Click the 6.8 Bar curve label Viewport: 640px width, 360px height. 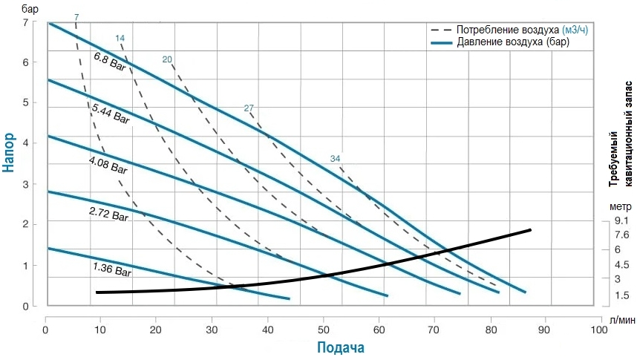(109, 62)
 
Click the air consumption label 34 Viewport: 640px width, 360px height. (336, 159)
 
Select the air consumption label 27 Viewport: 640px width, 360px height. (249, 108)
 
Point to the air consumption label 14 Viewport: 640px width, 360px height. (120, 37)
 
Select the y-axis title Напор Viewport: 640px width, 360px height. (9, 152)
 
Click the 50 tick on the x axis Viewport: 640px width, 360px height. (323, 321)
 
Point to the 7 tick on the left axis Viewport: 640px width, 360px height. (25, 22)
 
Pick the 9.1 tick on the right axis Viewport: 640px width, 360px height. (621, 221)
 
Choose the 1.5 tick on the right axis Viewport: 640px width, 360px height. (621, 295)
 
